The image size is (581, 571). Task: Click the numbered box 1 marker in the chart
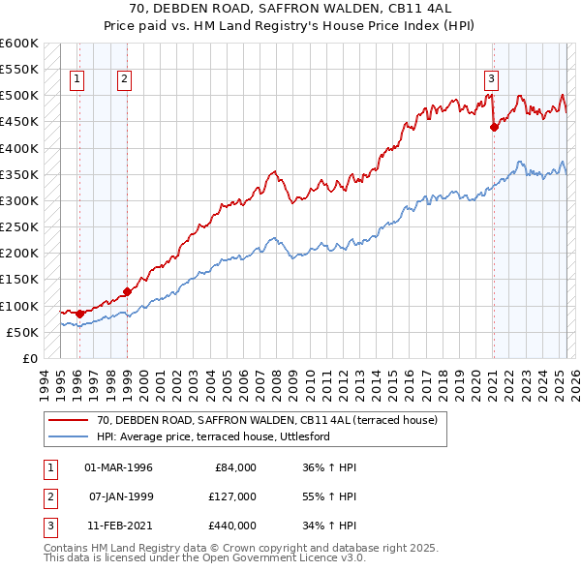pos(76,80)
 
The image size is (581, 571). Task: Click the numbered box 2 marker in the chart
pos(125,80)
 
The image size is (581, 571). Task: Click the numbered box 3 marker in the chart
pos(491,80)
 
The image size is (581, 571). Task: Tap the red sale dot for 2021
pos(494,127)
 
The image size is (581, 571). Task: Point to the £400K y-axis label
pos(18,148)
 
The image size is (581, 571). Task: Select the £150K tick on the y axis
pos(18,280)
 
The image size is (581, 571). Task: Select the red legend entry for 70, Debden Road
pos(267,420)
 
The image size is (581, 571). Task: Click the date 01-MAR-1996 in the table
pos(119,467)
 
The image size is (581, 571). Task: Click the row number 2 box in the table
pos(47,496)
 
